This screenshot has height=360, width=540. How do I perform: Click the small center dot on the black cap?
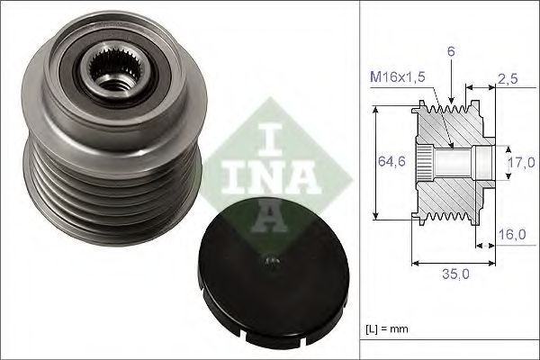coord(269,262)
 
